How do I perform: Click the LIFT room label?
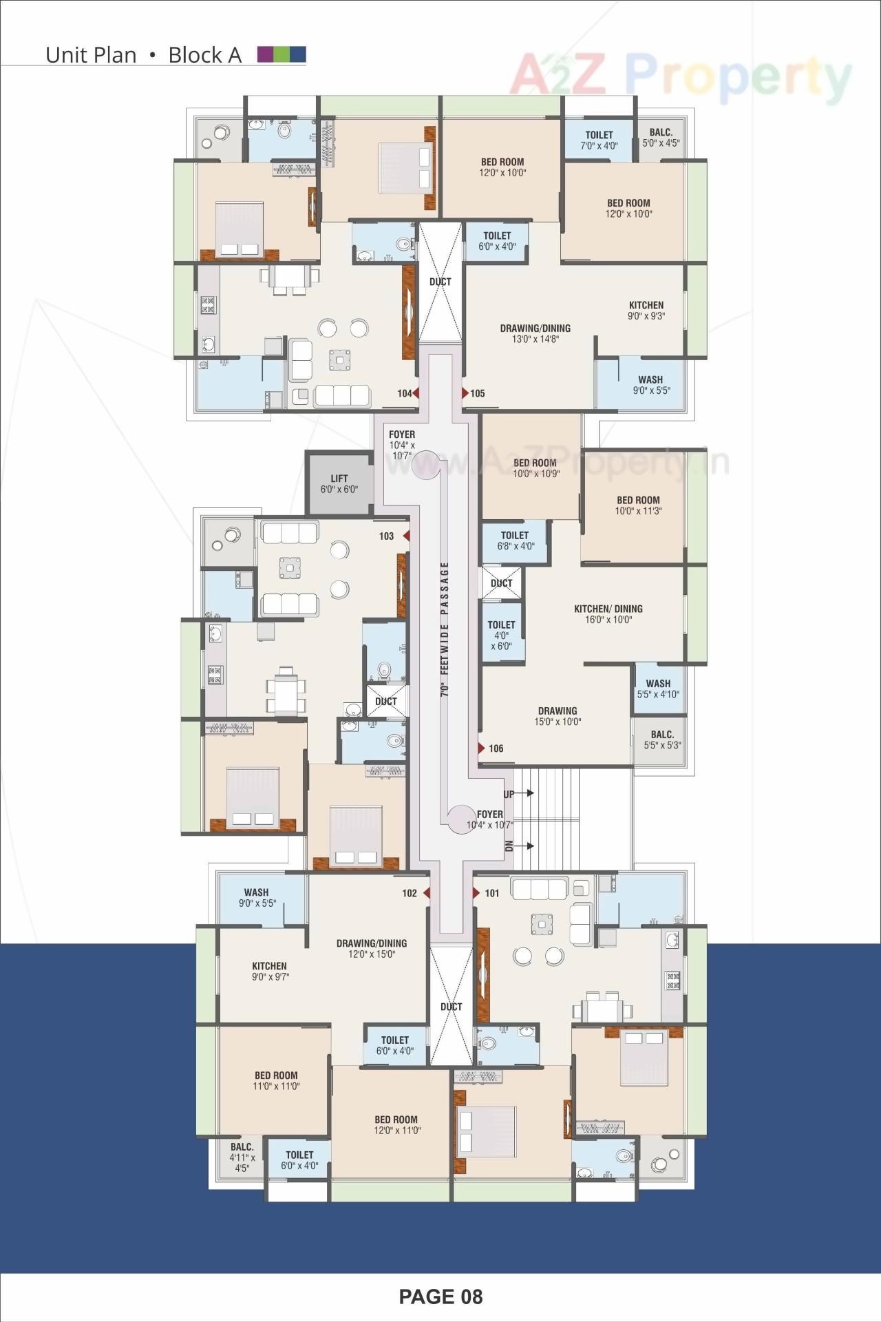pos(339,483)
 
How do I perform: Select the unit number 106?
pos(496,748)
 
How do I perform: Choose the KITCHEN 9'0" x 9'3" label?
pos(646,311)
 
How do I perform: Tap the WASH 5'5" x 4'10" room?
pos(658,689)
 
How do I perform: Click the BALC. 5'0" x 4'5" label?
pos(661,138)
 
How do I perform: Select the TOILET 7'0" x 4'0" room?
pos(599,140)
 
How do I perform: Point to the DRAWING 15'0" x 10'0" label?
pos(558,716)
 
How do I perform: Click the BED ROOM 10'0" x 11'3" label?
pos(638,505)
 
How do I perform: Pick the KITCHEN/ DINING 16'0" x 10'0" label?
pos(608,613)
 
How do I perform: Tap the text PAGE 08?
pos(440,1297)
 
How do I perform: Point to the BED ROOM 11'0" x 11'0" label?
pos(276,1080)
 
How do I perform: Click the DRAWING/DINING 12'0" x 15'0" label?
pos(372,948)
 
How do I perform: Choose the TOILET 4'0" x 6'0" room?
pos(501,635)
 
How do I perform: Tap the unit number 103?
pos(386,536)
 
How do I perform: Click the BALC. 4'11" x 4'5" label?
pos(242,1157)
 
